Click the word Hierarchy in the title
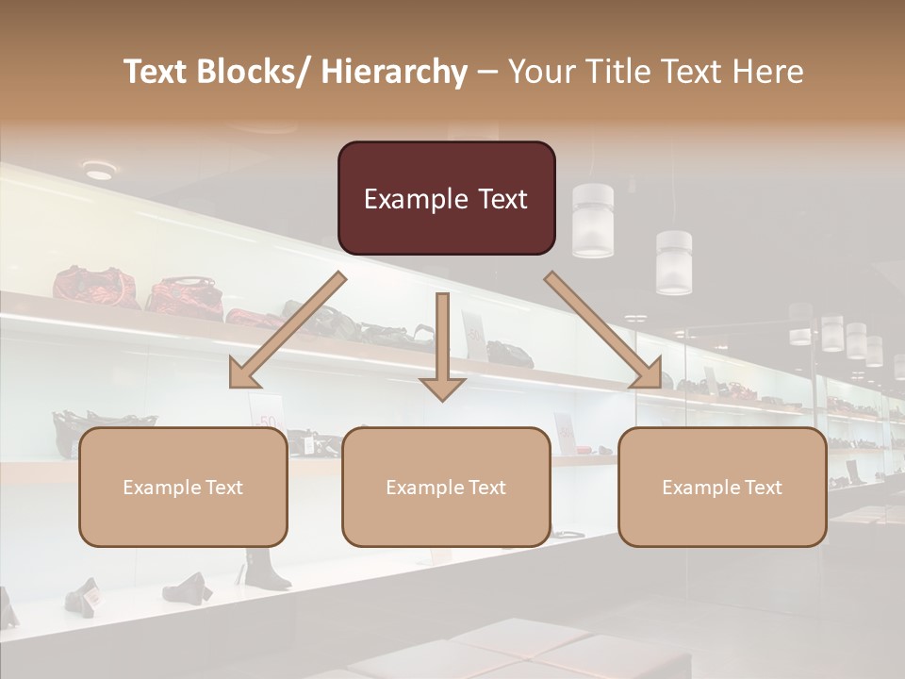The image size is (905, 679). [x=394, y=72]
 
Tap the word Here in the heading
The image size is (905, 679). [x=768, y=72]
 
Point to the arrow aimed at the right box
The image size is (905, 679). [x=604, y=331]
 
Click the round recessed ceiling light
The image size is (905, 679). [x=99, y=171]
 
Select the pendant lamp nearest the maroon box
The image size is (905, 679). [x=592, y=221]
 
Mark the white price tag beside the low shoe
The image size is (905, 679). [x=92, y=596]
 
